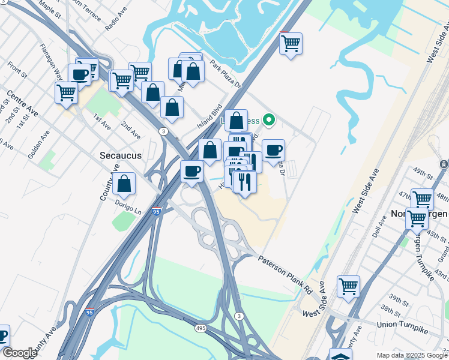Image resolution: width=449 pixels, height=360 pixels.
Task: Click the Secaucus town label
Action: (x=121, y=155)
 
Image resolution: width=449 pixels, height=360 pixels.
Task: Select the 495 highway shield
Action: (x=201, y=329)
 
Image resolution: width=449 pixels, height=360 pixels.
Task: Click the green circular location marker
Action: (x=270, y=121)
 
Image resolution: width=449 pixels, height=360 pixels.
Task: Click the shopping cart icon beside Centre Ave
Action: (x=65, y=93)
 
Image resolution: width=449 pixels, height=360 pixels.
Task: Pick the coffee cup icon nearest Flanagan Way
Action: (x=79, y=74)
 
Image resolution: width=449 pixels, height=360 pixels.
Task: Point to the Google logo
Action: (x=20, y=353)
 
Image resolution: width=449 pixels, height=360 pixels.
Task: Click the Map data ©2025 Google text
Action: (x=412, y=355)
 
